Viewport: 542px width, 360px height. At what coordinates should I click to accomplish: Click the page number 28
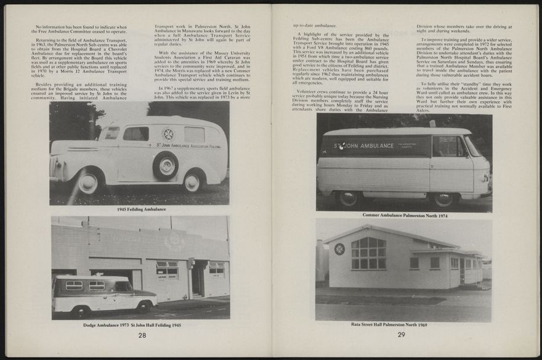click(x=142, y=335)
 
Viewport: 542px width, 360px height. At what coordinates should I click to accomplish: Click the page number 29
click(x=401, y=335)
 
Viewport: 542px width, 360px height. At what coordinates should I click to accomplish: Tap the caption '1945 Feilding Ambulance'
click(x=141, y=210)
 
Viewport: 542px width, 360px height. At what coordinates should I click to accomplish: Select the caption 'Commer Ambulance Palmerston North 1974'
click(x=404, y=215)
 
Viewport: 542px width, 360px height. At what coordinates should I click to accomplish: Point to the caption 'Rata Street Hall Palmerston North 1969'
click(x=389, y=324)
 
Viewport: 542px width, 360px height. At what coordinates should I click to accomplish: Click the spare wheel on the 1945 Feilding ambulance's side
click(x=166, y=165)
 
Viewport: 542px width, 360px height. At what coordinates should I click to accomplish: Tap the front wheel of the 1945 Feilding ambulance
click(x=88, y=182)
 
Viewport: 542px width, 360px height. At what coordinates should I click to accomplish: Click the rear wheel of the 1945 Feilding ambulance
click(x=193, y=181)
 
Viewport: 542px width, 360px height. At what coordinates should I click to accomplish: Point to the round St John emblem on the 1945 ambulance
click(x=168, y=134)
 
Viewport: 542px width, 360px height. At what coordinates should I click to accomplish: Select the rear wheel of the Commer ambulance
click(x=349, y=198)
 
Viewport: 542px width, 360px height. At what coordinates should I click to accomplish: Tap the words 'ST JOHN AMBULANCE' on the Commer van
click(x=364, y=146)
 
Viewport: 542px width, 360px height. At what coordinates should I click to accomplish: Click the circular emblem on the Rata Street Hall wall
click(x=339, y=248)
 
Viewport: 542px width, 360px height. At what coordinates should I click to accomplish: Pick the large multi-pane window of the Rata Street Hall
click(x=368, y=253)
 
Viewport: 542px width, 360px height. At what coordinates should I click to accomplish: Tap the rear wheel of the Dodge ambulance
click(x=79, y=310)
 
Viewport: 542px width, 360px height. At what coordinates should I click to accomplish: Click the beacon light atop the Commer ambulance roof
click(x=432, y=124)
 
